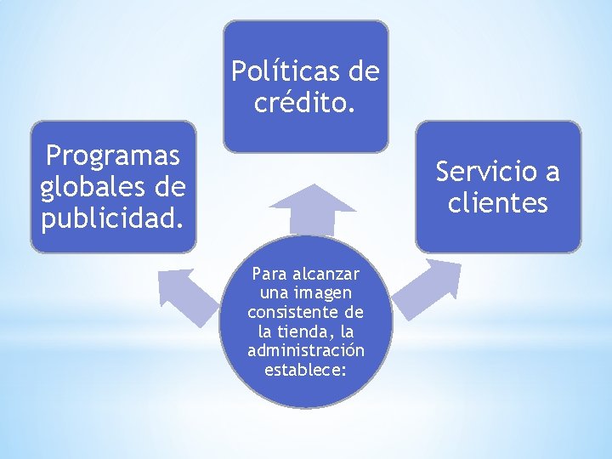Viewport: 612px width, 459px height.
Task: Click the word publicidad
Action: tap(112, 218)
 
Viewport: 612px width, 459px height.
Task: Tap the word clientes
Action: tap(498, 203)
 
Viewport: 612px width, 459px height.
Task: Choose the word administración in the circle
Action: tap(306, 350)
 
